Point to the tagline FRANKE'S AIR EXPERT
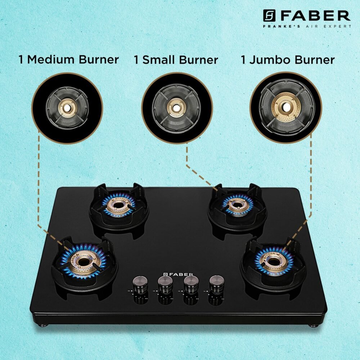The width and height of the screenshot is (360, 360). click(x=307, y=26)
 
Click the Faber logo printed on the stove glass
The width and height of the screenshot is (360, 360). click(x=178, y=274)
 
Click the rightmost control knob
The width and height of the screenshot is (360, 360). click(x=216, y=284)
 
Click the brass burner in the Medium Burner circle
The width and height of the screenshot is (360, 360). click(x=67, y=108)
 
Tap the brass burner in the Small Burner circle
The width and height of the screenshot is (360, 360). click(x=176, y=108)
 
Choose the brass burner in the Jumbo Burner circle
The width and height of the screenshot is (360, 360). click(x=286, y=107)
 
